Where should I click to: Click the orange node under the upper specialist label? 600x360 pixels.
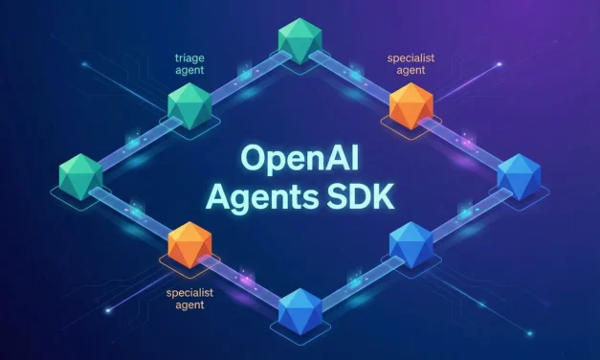click(412, 105)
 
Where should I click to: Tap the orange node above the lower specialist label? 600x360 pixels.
click(189, 245)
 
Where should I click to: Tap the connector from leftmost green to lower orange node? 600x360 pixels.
click(134, 208)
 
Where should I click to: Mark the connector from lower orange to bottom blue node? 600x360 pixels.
click(245, 278)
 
